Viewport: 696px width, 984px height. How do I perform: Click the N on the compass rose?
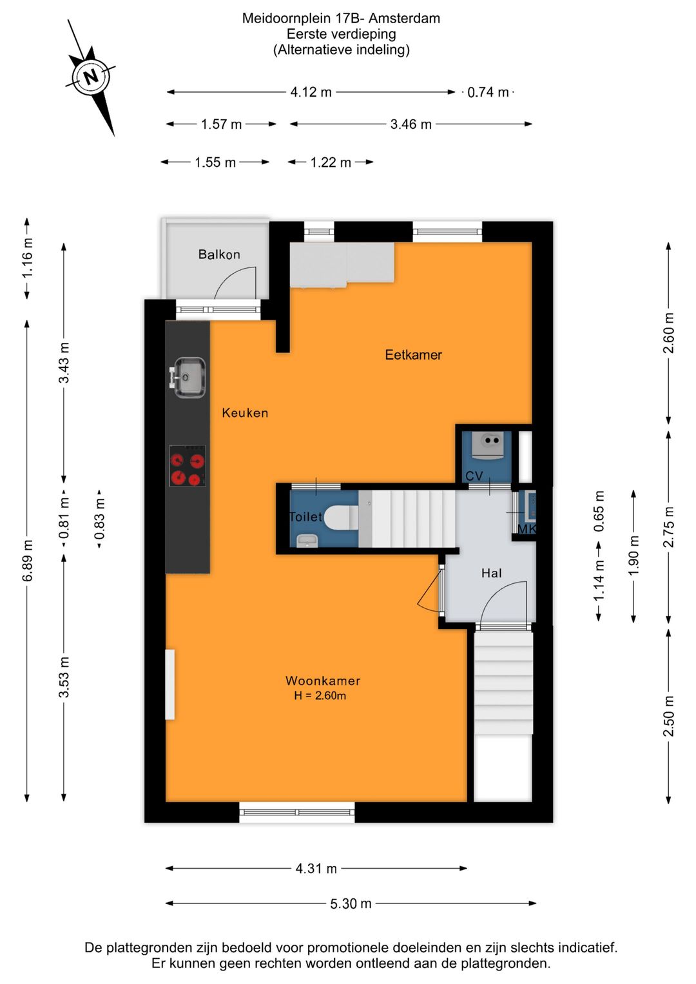[91, 77]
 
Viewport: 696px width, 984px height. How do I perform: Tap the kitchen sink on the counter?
[188, 378]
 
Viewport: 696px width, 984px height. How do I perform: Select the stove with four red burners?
[188, 466]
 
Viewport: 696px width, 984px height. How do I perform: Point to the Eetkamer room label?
[414, 355]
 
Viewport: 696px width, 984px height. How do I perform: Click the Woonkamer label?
[323, 681]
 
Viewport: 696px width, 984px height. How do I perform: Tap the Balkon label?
[219, 255]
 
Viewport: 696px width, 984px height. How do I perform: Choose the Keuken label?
[245, 413]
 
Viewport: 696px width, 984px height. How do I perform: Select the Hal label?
[491, 573]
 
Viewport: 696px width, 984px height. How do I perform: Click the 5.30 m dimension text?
[351, 903]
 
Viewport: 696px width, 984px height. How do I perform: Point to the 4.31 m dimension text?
[316, 869]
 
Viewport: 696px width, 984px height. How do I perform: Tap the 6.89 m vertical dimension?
[28, 561]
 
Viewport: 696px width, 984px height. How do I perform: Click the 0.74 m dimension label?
[488, 92]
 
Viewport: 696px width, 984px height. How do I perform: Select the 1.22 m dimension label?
[331, 162]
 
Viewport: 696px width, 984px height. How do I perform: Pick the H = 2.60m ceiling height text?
[320, 696]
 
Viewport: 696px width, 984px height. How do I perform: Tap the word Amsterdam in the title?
[404, 19]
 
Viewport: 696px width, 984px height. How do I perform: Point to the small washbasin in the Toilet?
[305, 541]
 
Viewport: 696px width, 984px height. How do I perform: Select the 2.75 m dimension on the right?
[669, 527]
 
